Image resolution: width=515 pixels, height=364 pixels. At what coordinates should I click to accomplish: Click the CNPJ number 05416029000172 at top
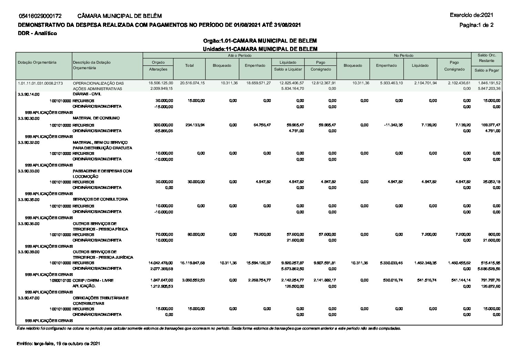click(x=40, y=16)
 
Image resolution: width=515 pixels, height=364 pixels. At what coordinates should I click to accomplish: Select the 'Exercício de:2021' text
click(x=471, y=15)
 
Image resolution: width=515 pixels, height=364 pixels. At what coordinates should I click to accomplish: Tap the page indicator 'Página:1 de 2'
click(x=476, y=25)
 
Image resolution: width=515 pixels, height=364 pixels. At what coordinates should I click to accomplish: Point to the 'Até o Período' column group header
click(x=239, y=55)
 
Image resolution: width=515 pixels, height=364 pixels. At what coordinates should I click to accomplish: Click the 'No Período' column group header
click(x=404, y=55)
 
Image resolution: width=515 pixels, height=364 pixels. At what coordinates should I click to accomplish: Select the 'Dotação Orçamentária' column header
click(x=37, y=62)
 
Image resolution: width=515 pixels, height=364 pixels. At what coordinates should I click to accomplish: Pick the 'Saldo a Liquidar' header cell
click(x=288, y=69)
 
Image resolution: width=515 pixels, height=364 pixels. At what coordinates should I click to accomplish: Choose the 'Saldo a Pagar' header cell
click(x=486, y=70)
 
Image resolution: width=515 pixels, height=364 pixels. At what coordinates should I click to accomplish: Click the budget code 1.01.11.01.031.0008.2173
click(x=40, y=83)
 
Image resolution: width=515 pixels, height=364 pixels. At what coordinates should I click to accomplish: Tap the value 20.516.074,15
click(x=192, y=83)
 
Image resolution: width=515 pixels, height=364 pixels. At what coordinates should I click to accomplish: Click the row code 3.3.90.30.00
click(x=29, y=118)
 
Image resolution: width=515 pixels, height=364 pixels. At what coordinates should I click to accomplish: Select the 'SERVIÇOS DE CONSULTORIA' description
click(x=100, y=199)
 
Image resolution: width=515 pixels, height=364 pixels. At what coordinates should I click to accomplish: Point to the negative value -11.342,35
click(x=393, y=125)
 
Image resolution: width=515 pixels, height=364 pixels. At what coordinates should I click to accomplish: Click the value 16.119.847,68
click(x=192, y=263)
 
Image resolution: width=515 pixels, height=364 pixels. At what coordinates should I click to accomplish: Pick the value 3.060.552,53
click(x=192, y=280)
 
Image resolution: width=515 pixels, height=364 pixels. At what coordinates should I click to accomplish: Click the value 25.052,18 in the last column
click(x=491, y=182)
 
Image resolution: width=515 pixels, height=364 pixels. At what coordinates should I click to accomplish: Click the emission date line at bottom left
click(x=58, y=344)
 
